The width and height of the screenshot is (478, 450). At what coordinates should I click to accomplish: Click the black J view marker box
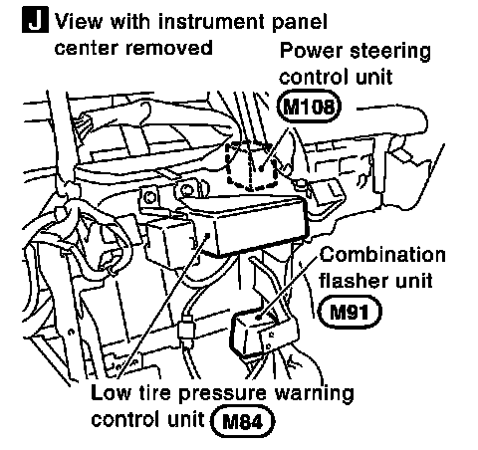pyautogui.click(x=35, y=21)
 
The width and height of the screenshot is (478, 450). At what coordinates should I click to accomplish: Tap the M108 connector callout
pyautogui.click(x=309, y=107)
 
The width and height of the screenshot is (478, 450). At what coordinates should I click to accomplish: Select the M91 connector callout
pyautogui.click(x=350, y=312)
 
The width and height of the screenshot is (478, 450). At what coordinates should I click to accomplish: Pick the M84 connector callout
pyautogui.click(x=243, y=422)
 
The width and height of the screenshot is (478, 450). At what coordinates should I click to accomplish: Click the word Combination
pyautogui.click(x=382, y=256)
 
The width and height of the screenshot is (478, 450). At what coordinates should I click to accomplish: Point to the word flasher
pyautogui.click(x=354, y=281)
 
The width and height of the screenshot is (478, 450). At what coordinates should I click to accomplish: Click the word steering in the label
pyautogui.click(x=390, y=53)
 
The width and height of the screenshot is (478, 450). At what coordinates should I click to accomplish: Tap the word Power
pyautogui.click(x=311, y=51)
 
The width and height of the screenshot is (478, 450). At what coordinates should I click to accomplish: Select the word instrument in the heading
pyautogui.click(x=212, y=22)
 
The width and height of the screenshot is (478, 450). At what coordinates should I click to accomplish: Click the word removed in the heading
pyautogui.click(x=169, y=48)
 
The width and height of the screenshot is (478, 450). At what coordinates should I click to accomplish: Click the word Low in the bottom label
pyautogui.click(x=111, y=392)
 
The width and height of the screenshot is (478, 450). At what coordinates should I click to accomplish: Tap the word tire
pyautogui.click(x=154, y=392)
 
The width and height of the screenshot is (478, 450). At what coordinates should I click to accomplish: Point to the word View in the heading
pyautogui.click(x=79, y=22)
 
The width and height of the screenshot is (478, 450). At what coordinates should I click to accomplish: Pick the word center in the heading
pyautogui.click(x=87, y=48)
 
